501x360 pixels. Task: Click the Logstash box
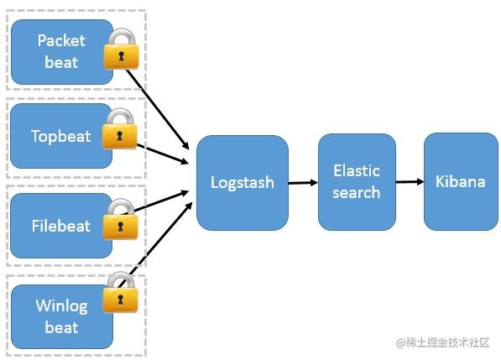(242, 182)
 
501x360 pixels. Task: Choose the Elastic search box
(357, 181)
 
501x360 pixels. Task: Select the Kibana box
(459, 181)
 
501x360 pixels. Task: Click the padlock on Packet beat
(121, 51)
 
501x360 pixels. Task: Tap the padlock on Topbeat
(119, 130)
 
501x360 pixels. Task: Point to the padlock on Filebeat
(120, 221)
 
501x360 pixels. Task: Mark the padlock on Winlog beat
(120, 294)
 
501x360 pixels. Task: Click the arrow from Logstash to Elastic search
(303, 182)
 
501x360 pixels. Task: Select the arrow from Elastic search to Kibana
(410, 181)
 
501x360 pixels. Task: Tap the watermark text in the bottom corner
(442, 342)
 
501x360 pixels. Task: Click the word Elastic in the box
(357, 171)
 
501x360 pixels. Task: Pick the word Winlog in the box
(60, 305)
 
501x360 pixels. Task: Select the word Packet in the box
(61, 40)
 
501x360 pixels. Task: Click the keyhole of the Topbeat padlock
(119, 135)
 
